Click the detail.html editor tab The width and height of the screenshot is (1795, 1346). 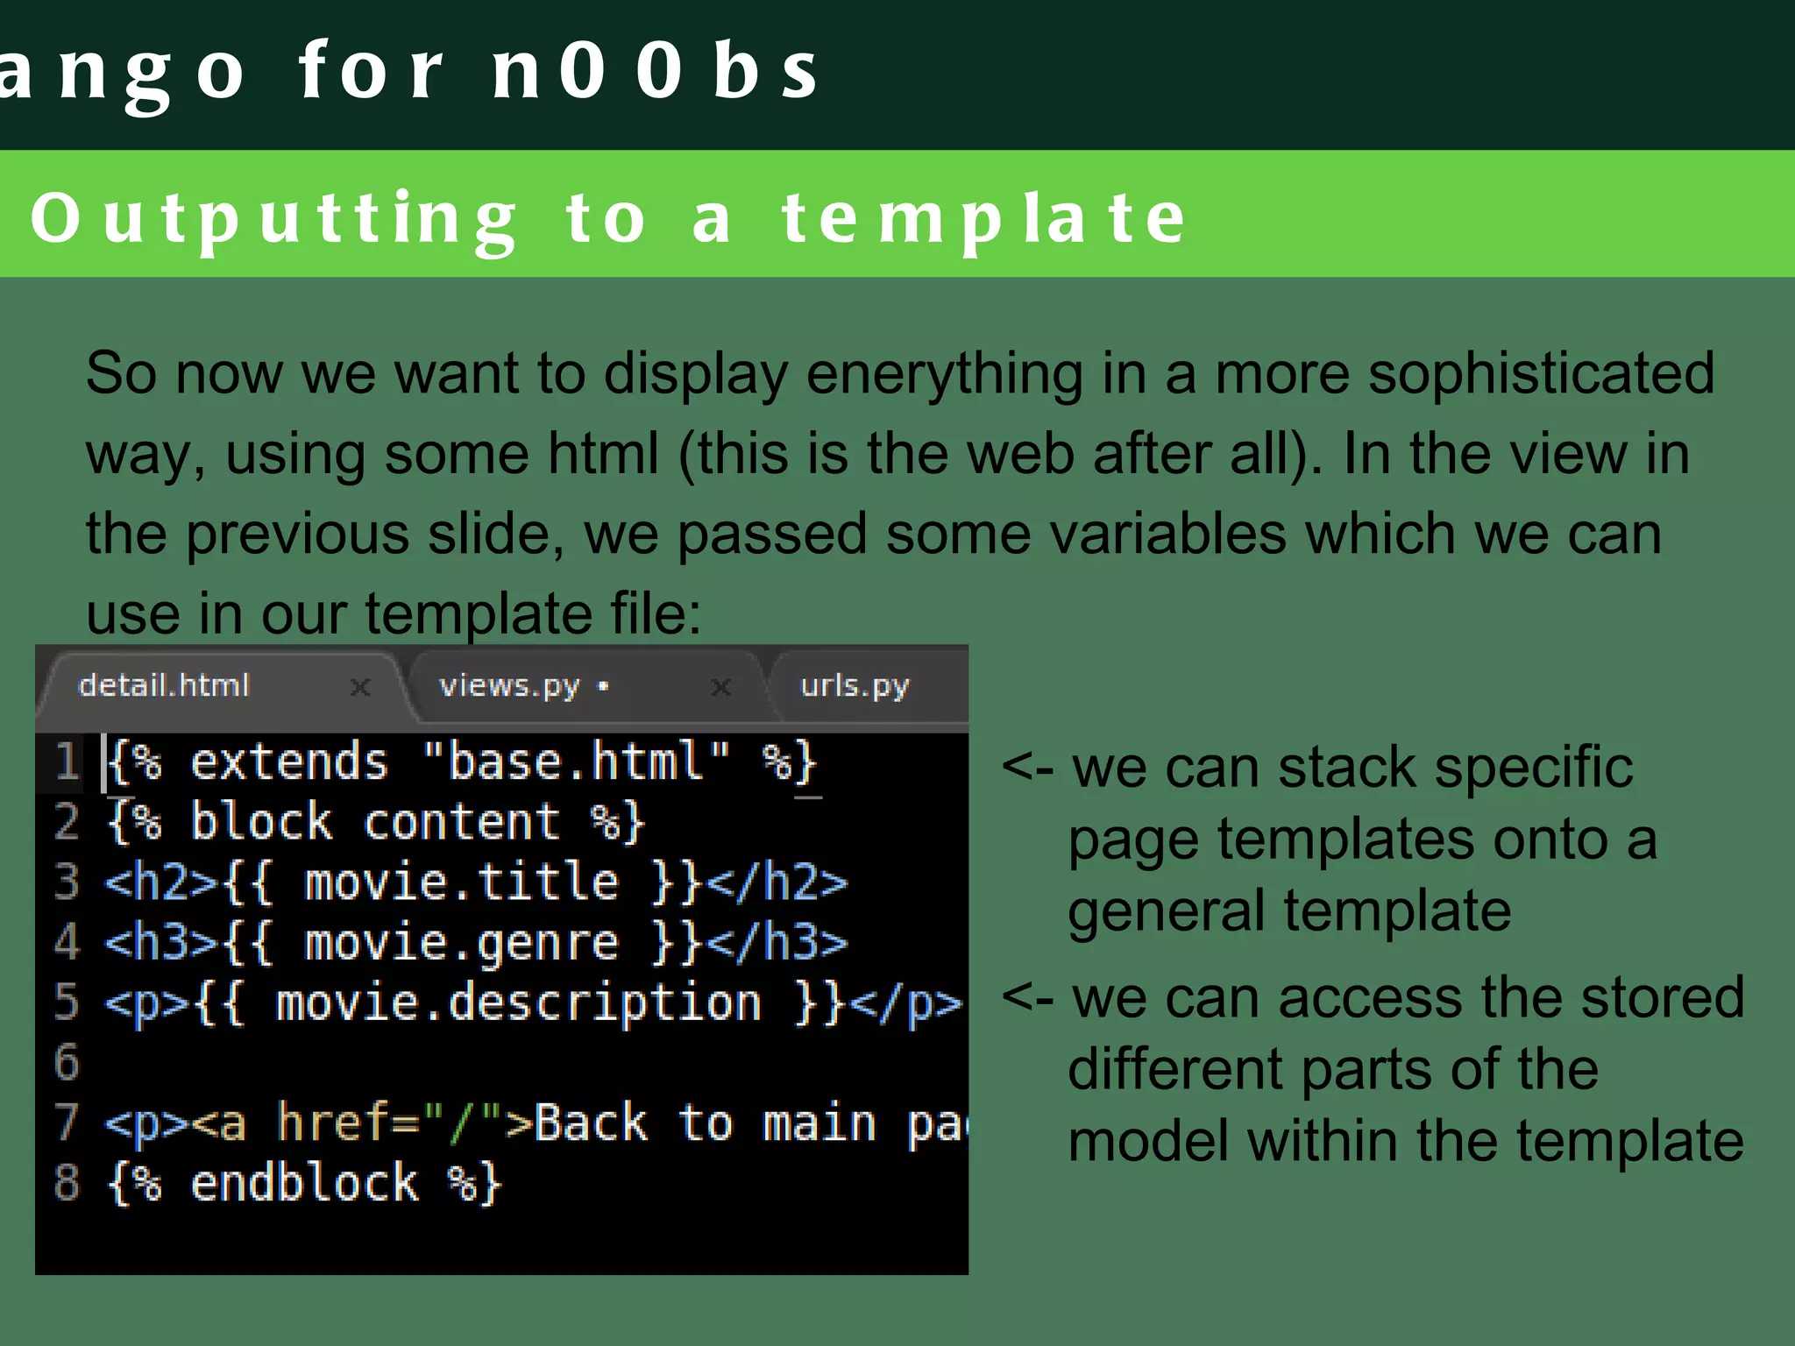(164, 685)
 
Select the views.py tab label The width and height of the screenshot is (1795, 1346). (509, 686)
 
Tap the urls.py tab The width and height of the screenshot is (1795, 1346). (855, 686)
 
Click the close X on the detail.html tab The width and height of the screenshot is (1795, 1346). (360, 687)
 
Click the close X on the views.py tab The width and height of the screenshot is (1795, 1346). (720, 687)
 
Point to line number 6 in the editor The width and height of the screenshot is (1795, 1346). (67, 1062)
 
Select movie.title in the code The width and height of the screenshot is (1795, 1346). (461, 882)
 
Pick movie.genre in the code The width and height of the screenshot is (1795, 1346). (461, 943)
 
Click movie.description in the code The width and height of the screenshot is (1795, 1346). (518, 1002)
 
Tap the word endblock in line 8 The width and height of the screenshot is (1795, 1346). (304, 1183)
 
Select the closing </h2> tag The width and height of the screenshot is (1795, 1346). (777, 882)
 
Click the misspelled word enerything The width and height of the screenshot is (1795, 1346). (944, 375)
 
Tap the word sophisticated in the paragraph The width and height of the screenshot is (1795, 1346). (1541, 373)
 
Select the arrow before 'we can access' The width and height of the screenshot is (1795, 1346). (1027, 998)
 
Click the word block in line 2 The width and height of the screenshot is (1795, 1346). (261, 822)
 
